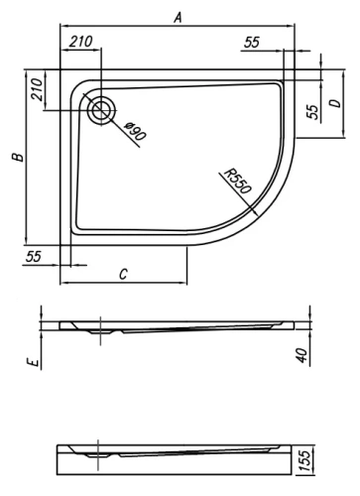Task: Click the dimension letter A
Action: (178, 17)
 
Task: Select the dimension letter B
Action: (14, 158)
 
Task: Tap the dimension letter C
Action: (122, 274)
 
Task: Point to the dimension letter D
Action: (335, 102)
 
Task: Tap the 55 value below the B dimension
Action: (34, 257)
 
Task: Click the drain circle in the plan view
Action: (100, 110)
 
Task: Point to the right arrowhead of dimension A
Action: (295, 26)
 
